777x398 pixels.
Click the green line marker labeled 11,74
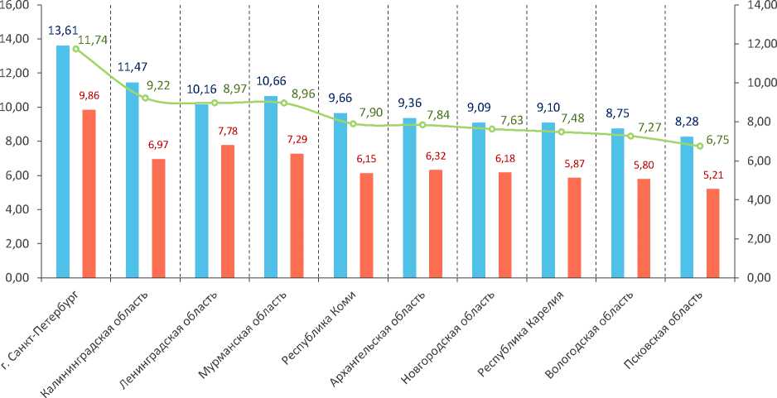pyautogui.click(x=76, y=49)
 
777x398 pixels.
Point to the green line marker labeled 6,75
pyautogui.click(x=699, y=146)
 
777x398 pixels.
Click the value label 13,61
pyautogui.click(x=62, y=31)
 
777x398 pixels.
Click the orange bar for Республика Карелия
pyautogui.click(x=574, y=228)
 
